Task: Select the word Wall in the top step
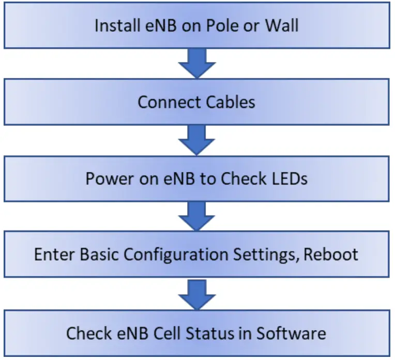(281, 26)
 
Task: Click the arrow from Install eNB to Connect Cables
(196, 64)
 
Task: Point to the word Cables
(231, 102)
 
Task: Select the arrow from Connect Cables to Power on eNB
(196, 139)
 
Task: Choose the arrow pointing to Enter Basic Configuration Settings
(196, 216)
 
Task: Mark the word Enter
(51, 255)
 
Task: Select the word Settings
(258, 255)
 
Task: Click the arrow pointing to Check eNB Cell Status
(196, 293)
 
